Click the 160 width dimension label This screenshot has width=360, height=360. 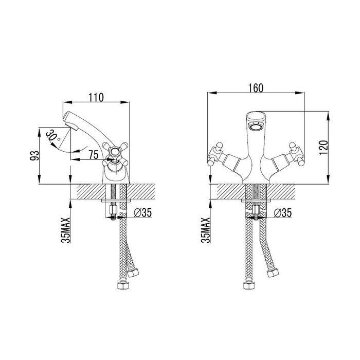(256, 88)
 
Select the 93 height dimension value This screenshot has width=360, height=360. (34, 156)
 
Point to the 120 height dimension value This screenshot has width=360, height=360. (323, 148)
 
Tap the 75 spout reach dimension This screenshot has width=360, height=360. (94, 154)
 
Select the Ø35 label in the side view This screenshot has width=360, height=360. (143, 212)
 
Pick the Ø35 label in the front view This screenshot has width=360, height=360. (283, 213)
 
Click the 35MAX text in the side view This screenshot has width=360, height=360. (66, 230)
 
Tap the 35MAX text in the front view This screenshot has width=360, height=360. (206, 230)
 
